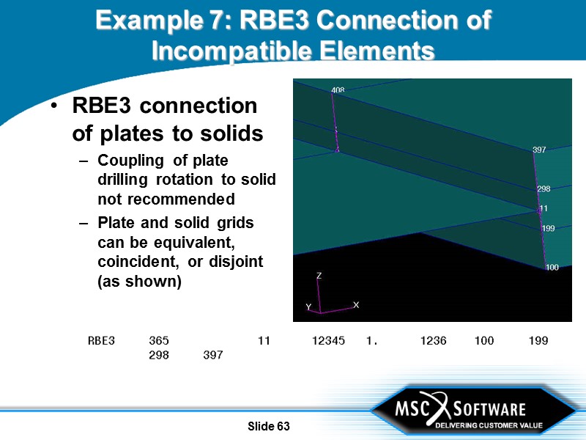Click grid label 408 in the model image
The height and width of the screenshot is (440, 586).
(338, 90)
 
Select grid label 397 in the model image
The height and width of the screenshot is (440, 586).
(539, 150)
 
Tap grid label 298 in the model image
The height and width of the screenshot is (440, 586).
(544, 189)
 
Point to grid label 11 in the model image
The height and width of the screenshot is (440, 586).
(544, 209)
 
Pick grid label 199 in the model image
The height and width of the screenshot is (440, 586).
(548, 229)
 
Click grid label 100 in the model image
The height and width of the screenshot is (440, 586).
(552, 268)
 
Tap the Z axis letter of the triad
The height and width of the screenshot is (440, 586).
(319, 276)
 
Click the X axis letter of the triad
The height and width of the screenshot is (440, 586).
(356, 304)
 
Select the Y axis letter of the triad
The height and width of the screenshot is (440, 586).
(308, 307)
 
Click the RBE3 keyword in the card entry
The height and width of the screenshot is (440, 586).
(101, 341)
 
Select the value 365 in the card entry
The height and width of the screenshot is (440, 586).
(159, 341)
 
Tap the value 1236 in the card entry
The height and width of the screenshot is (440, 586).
(433, 341)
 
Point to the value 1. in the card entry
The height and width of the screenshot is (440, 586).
(371, 341)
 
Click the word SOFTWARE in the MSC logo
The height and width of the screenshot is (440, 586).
(489, 408)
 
